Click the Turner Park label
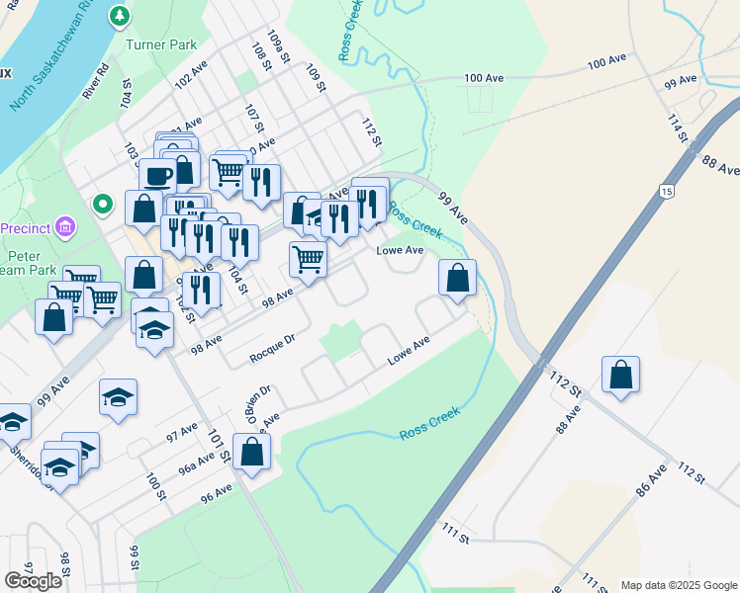point(161,44)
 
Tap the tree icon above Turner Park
point(120,16)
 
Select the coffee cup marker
point(157,176)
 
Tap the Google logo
point(33,581)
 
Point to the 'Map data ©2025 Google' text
point(679,585)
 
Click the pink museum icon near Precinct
point(65,228)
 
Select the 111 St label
point(455,534)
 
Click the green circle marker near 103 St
point(102,205)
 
